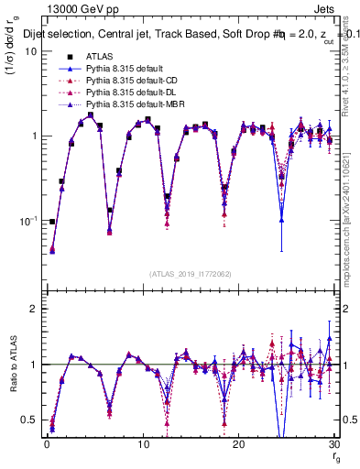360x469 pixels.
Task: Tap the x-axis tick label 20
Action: (x=238, y=443)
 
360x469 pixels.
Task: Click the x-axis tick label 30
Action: (x=333, y=443)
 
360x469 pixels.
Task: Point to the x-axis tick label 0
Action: (x=47, y=443)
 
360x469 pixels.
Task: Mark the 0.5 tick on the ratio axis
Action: (x=29, y=420)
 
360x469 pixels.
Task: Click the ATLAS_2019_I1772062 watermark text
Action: (x=189, y=273)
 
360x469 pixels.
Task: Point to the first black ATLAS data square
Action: (x=52, y=222)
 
